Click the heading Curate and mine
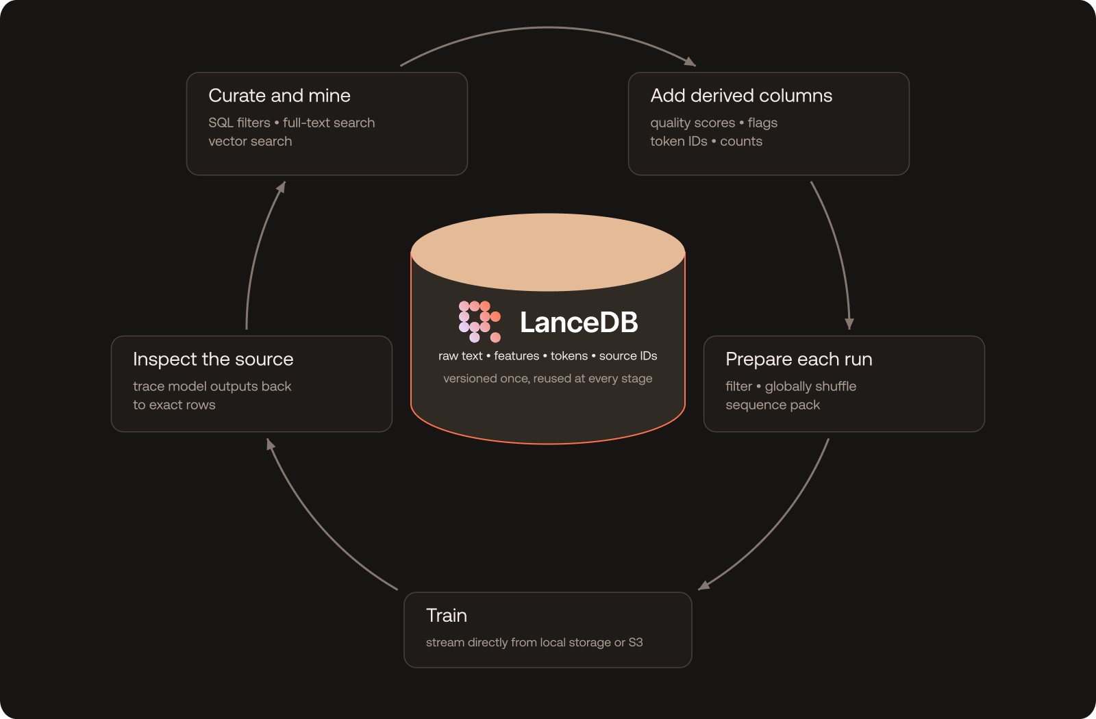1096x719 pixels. coord(279,95)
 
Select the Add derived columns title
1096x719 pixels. coord(741,95)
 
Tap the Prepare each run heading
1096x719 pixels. coord(799,359)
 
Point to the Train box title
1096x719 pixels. coord(446,616)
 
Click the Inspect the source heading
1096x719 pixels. coord(213,359)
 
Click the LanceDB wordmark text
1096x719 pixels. coord(579,323)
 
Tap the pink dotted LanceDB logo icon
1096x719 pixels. coord(480,321)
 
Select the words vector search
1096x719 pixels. coord(250,141)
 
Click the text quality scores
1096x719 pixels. coord(693,123)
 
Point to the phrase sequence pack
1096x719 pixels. coord(773,405)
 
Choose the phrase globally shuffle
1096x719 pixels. coord(811,386)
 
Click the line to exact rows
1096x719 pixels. coord(174,405)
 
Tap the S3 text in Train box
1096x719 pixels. coord(636,642)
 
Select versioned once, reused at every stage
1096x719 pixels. coord(547,379)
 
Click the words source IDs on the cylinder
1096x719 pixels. coord(628,355)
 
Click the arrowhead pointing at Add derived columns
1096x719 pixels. coord(690,62)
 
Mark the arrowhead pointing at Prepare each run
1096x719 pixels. coord(849,324)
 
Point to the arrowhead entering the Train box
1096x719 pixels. coord(703,585)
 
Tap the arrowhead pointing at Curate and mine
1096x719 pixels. coord(281,188)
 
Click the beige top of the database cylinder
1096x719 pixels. coord(547,252)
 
